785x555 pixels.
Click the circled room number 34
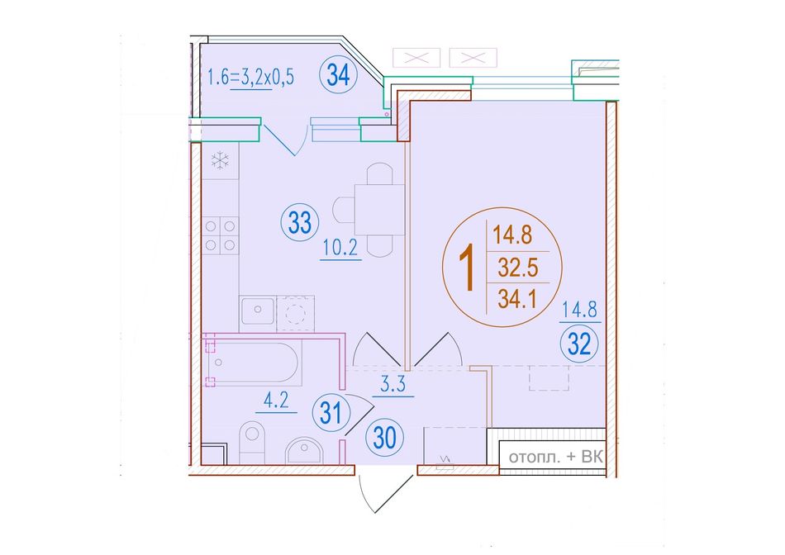coord(339,76)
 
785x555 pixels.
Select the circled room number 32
coord(579,344)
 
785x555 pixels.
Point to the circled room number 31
coord(331,413)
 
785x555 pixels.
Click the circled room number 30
coord(384,438)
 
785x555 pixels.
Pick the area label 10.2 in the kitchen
coord(340,249)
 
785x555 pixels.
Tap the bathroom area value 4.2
coord(276,401)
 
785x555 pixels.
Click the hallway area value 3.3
coord(393,385)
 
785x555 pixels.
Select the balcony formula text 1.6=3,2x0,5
coord(250,78)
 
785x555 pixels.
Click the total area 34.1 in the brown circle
coord(517,300)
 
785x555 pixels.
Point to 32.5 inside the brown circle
coord(517,268)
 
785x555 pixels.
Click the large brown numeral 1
coord(468,268)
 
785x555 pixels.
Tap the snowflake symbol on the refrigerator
coord(220,161)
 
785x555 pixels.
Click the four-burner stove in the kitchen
coord(221,235)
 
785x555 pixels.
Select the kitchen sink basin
coord(258,311)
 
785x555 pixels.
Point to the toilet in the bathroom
coord(252,443)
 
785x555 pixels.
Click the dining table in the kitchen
coord(379,210)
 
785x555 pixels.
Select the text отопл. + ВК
coord(555,458)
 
